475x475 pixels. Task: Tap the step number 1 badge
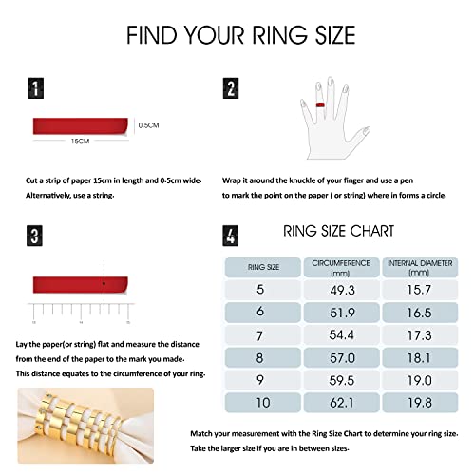click(35, 89)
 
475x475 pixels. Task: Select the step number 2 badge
click(231, 89)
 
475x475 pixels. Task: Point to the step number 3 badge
click(35, 236)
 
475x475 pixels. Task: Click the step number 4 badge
click(231, 236)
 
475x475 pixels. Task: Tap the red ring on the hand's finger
click(321, 104)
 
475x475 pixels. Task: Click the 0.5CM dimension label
click(149, 124)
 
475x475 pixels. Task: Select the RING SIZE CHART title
click(338, 231)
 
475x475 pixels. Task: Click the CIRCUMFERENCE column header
click(340, 267)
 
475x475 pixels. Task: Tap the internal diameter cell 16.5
click(419, 312)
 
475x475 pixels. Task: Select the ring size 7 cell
click(262, 335)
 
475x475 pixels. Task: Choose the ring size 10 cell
click(262, 403)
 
